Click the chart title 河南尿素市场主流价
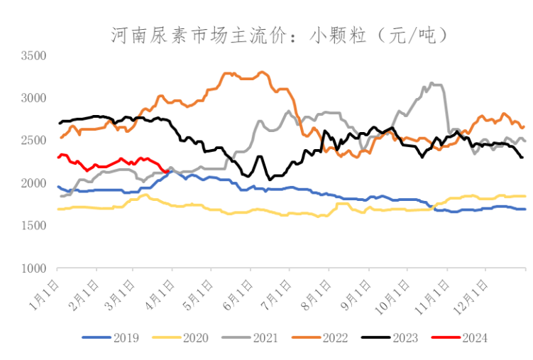point(280,33)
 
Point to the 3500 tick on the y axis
point(33,55)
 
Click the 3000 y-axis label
point(33,98)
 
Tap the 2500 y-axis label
point(33,141)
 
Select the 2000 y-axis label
point(33,183)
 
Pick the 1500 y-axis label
point(33,226)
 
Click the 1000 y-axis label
point(33,268)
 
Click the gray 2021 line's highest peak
point(432,83)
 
